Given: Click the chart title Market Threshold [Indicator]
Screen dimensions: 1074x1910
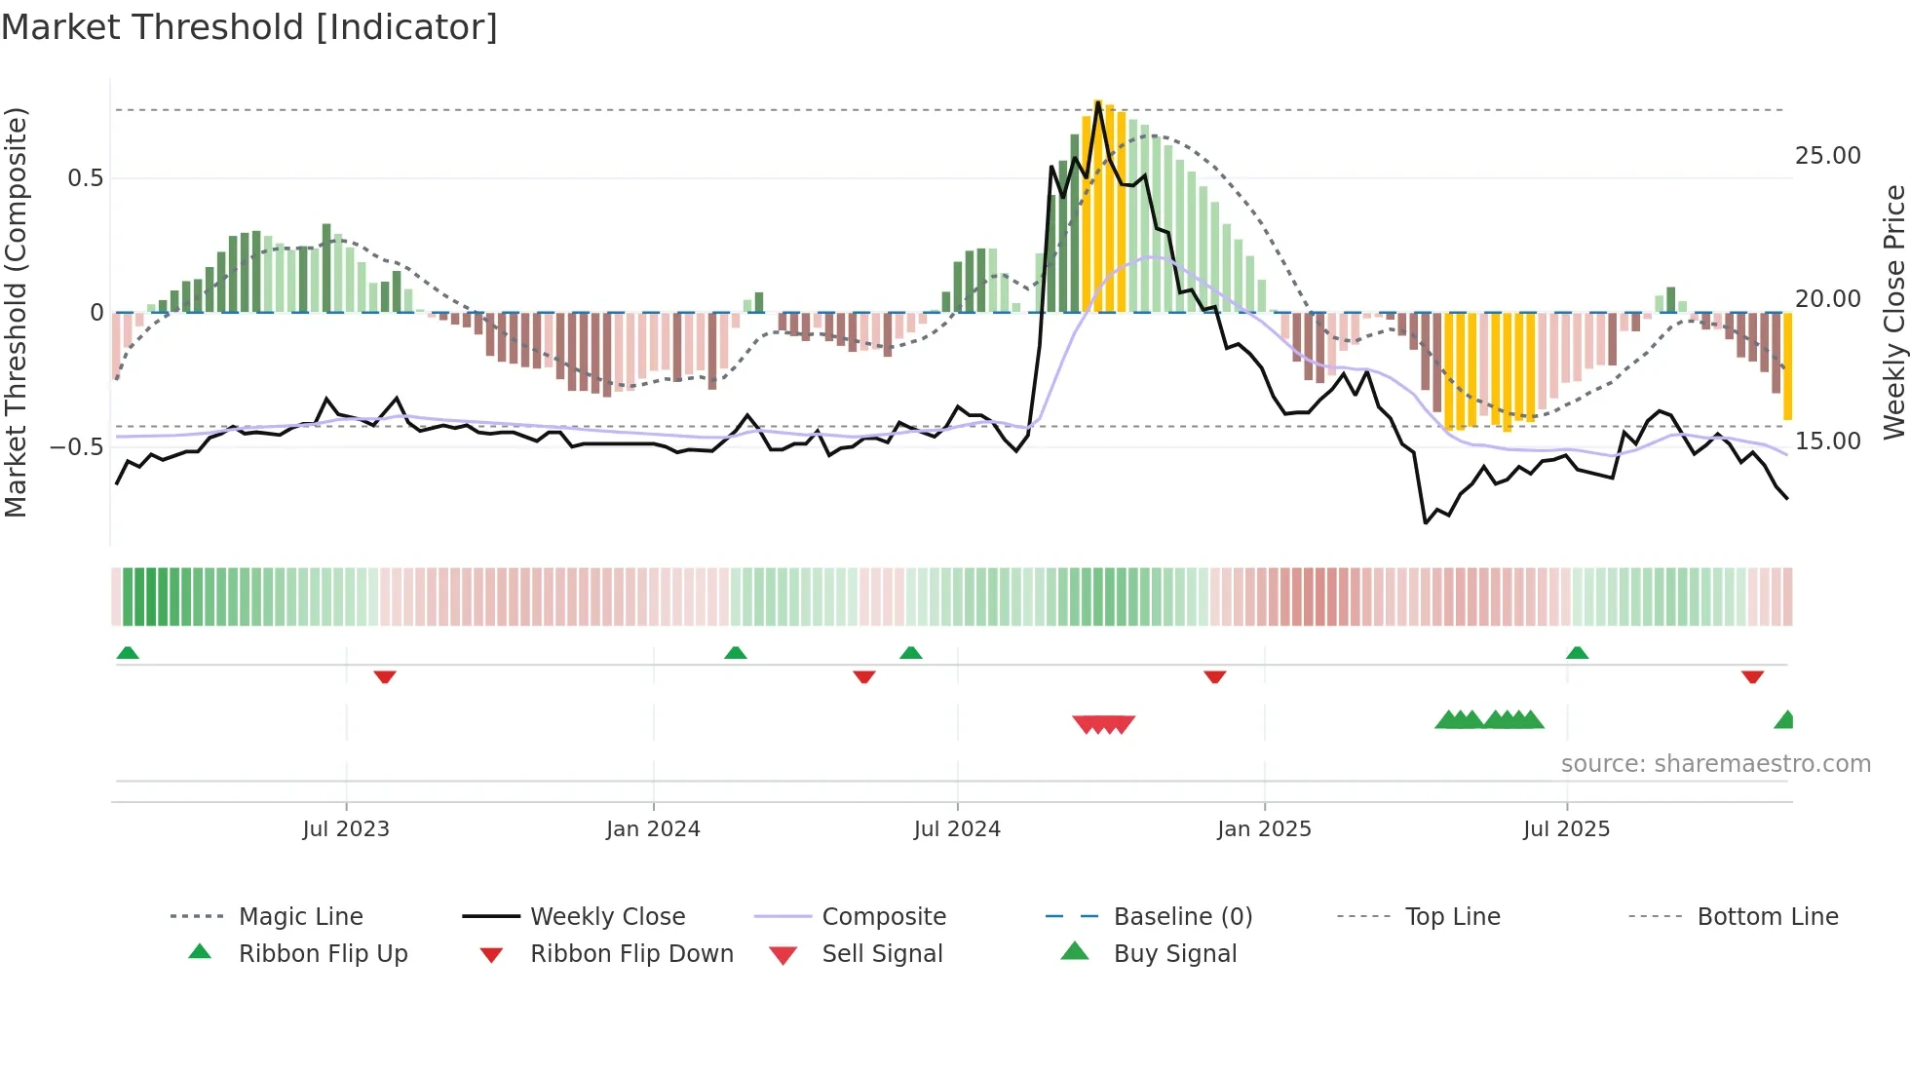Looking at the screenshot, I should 249,27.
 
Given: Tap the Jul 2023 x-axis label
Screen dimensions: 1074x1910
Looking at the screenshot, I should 346,829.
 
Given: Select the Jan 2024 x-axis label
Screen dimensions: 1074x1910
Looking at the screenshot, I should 653,829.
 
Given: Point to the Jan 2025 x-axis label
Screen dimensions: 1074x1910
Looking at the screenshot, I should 1264,829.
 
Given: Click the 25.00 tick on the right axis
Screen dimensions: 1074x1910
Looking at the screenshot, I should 1827,156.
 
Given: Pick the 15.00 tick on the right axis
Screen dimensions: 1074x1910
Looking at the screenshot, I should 1827,441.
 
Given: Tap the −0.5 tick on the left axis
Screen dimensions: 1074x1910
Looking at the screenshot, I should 77,447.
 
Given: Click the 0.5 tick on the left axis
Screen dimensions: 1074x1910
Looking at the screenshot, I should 85,178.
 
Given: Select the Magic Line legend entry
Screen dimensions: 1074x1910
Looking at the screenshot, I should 300,917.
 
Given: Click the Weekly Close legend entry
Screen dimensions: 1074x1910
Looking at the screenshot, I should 607,917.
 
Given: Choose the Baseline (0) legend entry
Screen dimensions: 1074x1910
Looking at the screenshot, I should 1182,917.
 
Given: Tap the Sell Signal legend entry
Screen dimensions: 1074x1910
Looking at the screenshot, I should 882,954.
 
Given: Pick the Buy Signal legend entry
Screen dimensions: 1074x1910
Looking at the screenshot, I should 1174,954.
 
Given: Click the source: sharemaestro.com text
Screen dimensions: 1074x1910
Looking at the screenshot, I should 1715,764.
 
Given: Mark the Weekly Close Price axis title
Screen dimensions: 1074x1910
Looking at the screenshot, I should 1893,312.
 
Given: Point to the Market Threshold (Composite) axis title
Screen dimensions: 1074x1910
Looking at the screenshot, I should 16,312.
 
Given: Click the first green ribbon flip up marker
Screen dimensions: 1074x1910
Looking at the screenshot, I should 128,653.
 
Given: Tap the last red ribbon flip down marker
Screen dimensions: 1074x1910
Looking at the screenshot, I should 1752,676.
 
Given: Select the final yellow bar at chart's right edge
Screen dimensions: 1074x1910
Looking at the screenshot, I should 1787,366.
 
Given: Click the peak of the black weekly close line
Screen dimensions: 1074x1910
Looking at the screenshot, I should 1098,102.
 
